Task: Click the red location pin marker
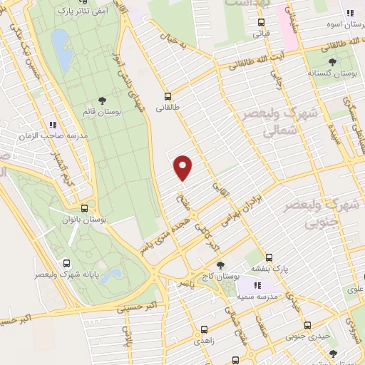coord(184,167)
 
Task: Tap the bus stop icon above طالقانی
coord(168,96)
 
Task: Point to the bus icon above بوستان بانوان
coord(85,209)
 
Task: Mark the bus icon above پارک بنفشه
coord(269,257)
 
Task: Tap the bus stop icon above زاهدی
coord(204,329)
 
